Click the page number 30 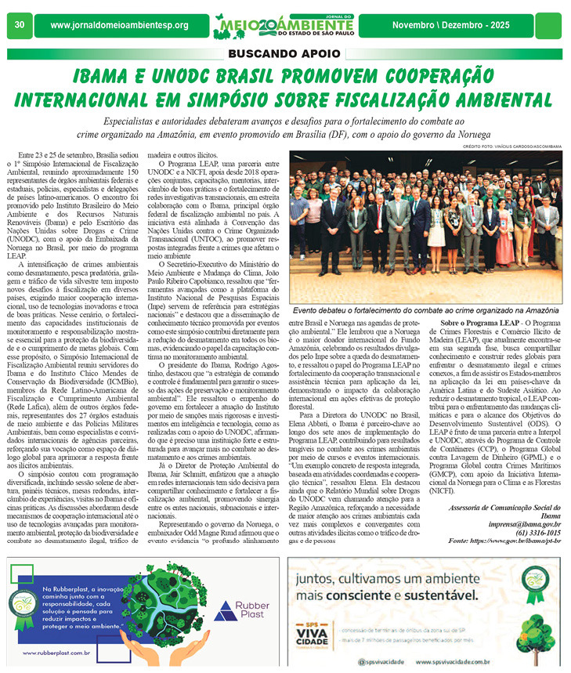(x=20, y=26)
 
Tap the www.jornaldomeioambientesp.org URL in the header (x=119, y=26)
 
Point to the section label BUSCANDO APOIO (x=284, y=54)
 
